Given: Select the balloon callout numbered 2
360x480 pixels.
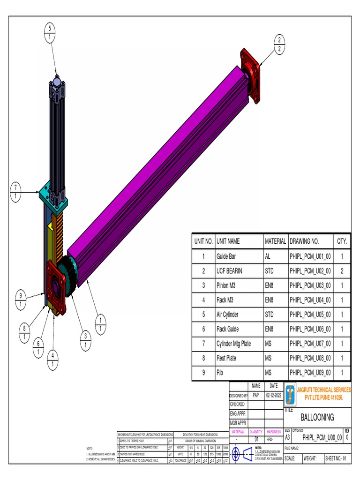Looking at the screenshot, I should (280, 44).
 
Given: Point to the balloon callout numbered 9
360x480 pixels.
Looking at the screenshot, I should (20, 299).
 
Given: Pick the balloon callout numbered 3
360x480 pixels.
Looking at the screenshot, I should (86, 340).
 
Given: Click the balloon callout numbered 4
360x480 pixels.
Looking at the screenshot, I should (53, 359).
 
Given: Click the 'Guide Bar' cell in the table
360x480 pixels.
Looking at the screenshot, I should (226, 257).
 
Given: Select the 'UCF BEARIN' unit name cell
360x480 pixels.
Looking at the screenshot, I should (229, 271).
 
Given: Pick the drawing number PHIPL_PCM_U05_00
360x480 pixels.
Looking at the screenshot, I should (310, 315).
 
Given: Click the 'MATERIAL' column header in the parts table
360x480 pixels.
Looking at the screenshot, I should (275, 241).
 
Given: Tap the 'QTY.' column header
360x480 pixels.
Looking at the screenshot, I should (342, 241).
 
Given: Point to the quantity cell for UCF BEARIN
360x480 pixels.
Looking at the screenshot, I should (342, 271).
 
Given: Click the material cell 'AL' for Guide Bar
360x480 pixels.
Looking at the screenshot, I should (268, 257).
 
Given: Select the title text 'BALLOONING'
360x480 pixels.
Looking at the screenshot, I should (317, 417).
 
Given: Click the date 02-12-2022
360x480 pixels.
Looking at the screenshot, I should (274, 396).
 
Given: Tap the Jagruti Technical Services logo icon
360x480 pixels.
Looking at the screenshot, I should (291, 394).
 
